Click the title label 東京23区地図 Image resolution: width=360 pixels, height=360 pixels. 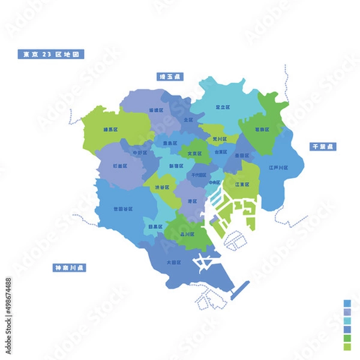[x=50, y=54]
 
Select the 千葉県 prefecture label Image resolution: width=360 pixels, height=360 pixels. [x=323, y=146]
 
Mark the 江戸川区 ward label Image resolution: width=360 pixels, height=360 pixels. [x=278, y=167]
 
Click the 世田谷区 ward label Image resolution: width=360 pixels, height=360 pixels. [x=123, y=209]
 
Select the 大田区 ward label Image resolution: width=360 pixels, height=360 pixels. [x=175, y=262]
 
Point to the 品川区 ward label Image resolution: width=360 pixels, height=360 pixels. [x=187, y=236]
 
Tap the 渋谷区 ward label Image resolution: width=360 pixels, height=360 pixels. [x=162, y=187]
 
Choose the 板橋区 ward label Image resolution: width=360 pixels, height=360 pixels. [x=155, y=110]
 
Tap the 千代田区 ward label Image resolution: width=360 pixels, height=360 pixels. [x=197, y=174]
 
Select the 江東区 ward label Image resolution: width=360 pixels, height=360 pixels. [x=242, y=184]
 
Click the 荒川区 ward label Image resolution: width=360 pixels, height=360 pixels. [x=219, y=139]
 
